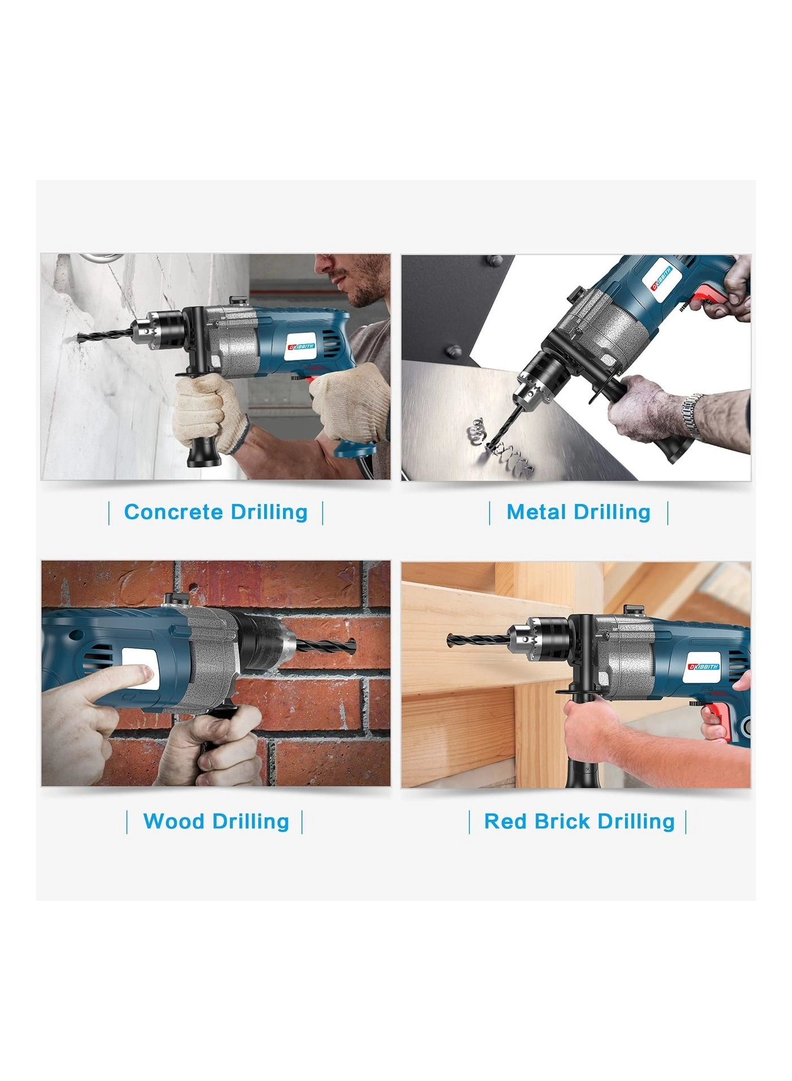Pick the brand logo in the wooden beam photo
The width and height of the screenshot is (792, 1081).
(704, 666)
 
